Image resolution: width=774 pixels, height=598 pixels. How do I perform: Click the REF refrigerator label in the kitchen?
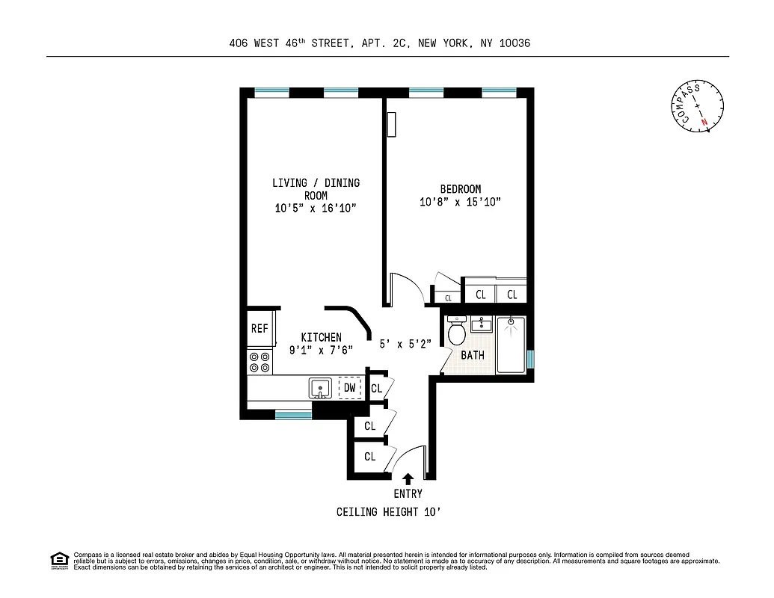259,328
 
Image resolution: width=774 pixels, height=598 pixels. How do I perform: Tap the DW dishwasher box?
349,388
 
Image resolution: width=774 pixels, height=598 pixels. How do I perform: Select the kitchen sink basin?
320,389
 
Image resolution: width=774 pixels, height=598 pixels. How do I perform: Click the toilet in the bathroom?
456,331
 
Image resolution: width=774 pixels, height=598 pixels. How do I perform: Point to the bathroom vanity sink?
481,325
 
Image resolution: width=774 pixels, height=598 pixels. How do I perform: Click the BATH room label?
473,355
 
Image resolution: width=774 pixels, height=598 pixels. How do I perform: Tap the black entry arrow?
408,479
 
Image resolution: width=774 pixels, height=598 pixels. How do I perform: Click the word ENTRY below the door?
408,493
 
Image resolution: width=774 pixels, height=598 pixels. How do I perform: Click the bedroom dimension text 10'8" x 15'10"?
460,202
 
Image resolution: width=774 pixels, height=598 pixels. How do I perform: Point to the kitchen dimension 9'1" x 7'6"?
322,350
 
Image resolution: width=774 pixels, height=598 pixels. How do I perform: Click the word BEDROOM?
461,189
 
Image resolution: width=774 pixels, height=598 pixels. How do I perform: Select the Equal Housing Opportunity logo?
59,560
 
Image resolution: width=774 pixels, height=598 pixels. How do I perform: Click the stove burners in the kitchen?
259,362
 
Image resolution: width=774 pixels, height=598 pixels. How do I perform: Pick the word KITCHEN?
322,337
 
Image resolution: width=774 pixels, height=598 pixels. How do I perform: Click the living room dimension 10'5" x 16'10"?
316,209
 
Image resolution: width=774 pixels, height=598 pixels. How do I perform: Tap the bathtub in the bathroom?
512,345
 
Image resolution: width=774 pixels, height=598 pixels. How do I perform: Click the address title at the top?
380,43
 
